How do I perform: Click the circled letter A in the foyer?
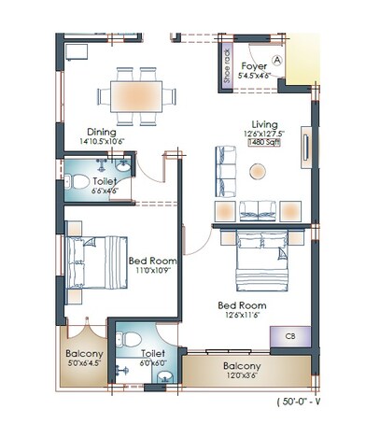(277, 57)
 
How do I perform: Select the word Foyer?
(255, 66)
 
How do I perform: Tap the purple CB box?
(290, 336)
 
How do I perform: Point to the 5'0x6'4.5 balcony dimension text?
(84, 367)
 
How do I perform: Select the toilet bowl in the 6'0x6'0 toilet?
(132, 337)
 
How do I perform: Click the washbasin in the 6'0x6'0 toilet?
(164, 376)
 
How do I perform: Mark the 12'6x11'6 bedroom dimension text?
(237, 317)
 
